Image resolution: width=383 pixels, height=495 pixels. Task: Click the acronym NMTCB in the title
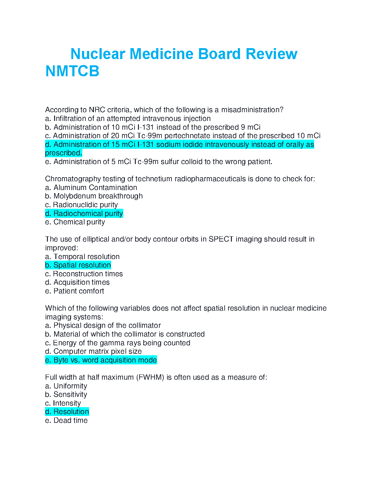coord(72,71)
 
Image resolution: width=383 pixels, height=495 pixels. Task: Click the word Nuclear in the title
coord(98,54)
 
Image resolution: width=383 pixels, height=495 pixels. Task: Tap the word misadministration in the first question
coord(252,110)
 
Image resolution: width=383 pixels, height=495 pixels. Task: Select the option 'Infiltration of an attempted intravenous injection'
coord(128,118)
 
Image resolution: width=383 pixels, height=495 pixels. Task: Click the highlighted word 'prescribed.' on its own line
coord(64,153)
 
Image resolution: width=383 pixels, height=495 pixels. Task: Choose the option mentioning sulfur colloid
coord(159,162)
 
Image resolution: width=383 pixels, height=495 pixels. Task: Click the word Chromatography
coord(73,179)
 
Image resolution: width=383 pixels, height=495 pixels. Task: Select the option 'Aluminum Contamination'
coord(91,187)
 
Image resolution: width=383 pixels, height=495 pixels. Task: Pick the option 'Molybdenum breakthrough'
coord(94,196)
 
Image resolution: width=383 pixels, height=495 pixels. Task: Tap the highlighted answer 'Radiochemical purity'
coord(84,213)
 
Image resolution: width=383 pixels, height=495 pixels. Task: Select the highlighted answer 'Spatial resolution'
coord(78,265)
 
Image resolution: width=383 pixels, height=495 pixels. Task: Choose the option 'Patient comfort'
coord(74,291)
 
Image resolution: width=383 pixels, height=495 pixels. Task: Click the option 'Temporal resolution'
coord(82,257)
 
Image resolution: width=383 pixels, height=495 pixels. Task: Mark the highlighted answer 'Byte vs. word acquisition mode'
coord(101,360)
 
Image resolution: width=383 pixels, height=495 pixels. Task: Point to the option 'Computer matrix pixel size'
coord(93,351)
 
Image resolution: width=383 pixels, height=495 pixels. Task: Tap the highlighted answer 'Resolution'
coord(67,412)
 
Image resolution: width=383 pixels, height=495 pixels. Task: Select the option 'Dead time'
coord(66,420)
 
